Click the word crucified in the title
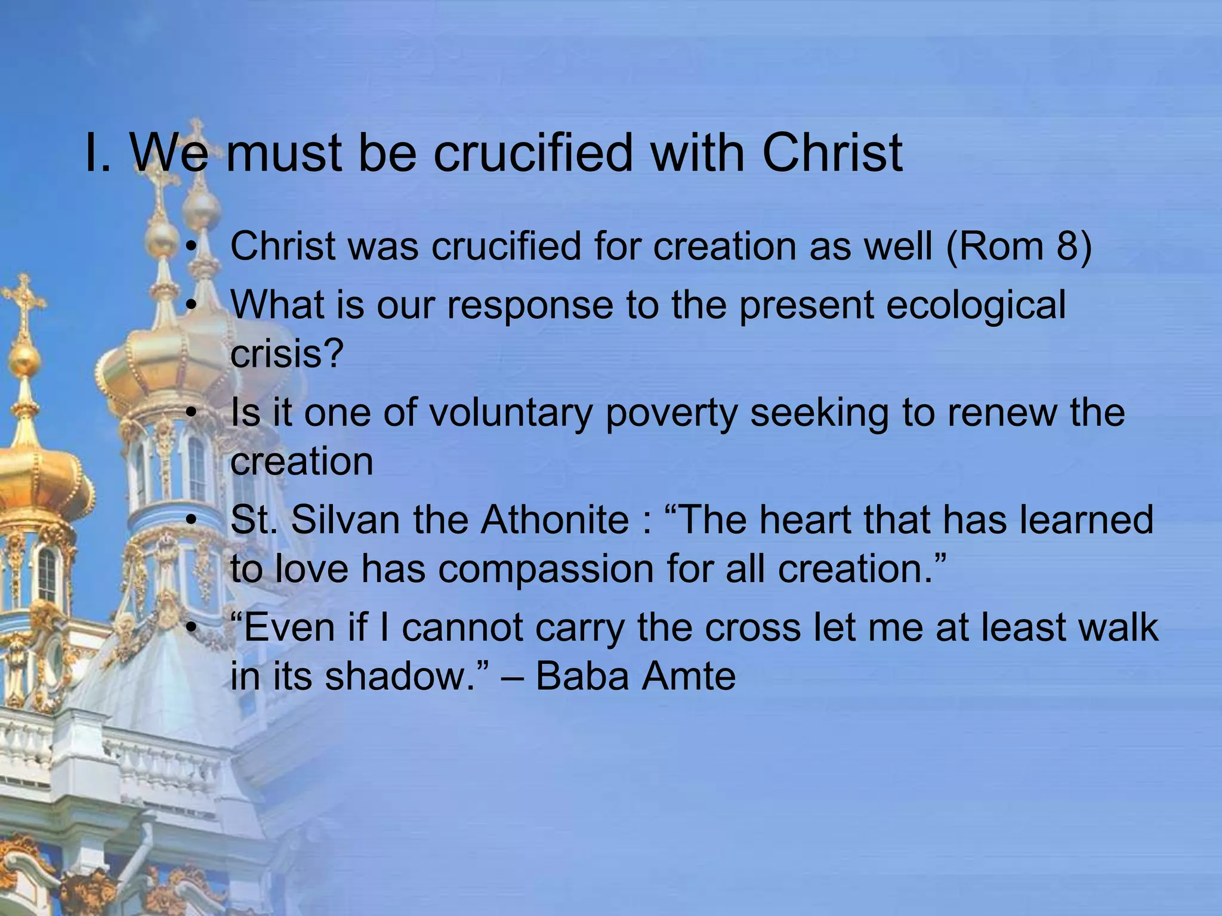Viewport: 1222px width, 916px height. coord(532,153)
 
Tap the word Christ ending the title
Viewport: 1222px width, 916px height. coord(832,153)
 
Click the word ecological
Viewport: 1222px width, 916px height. coord(976,305)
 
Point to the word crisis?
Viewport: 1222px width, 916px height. coord(287,354)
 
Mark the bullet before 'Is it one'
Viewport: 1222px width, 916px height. coord(190,413)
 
